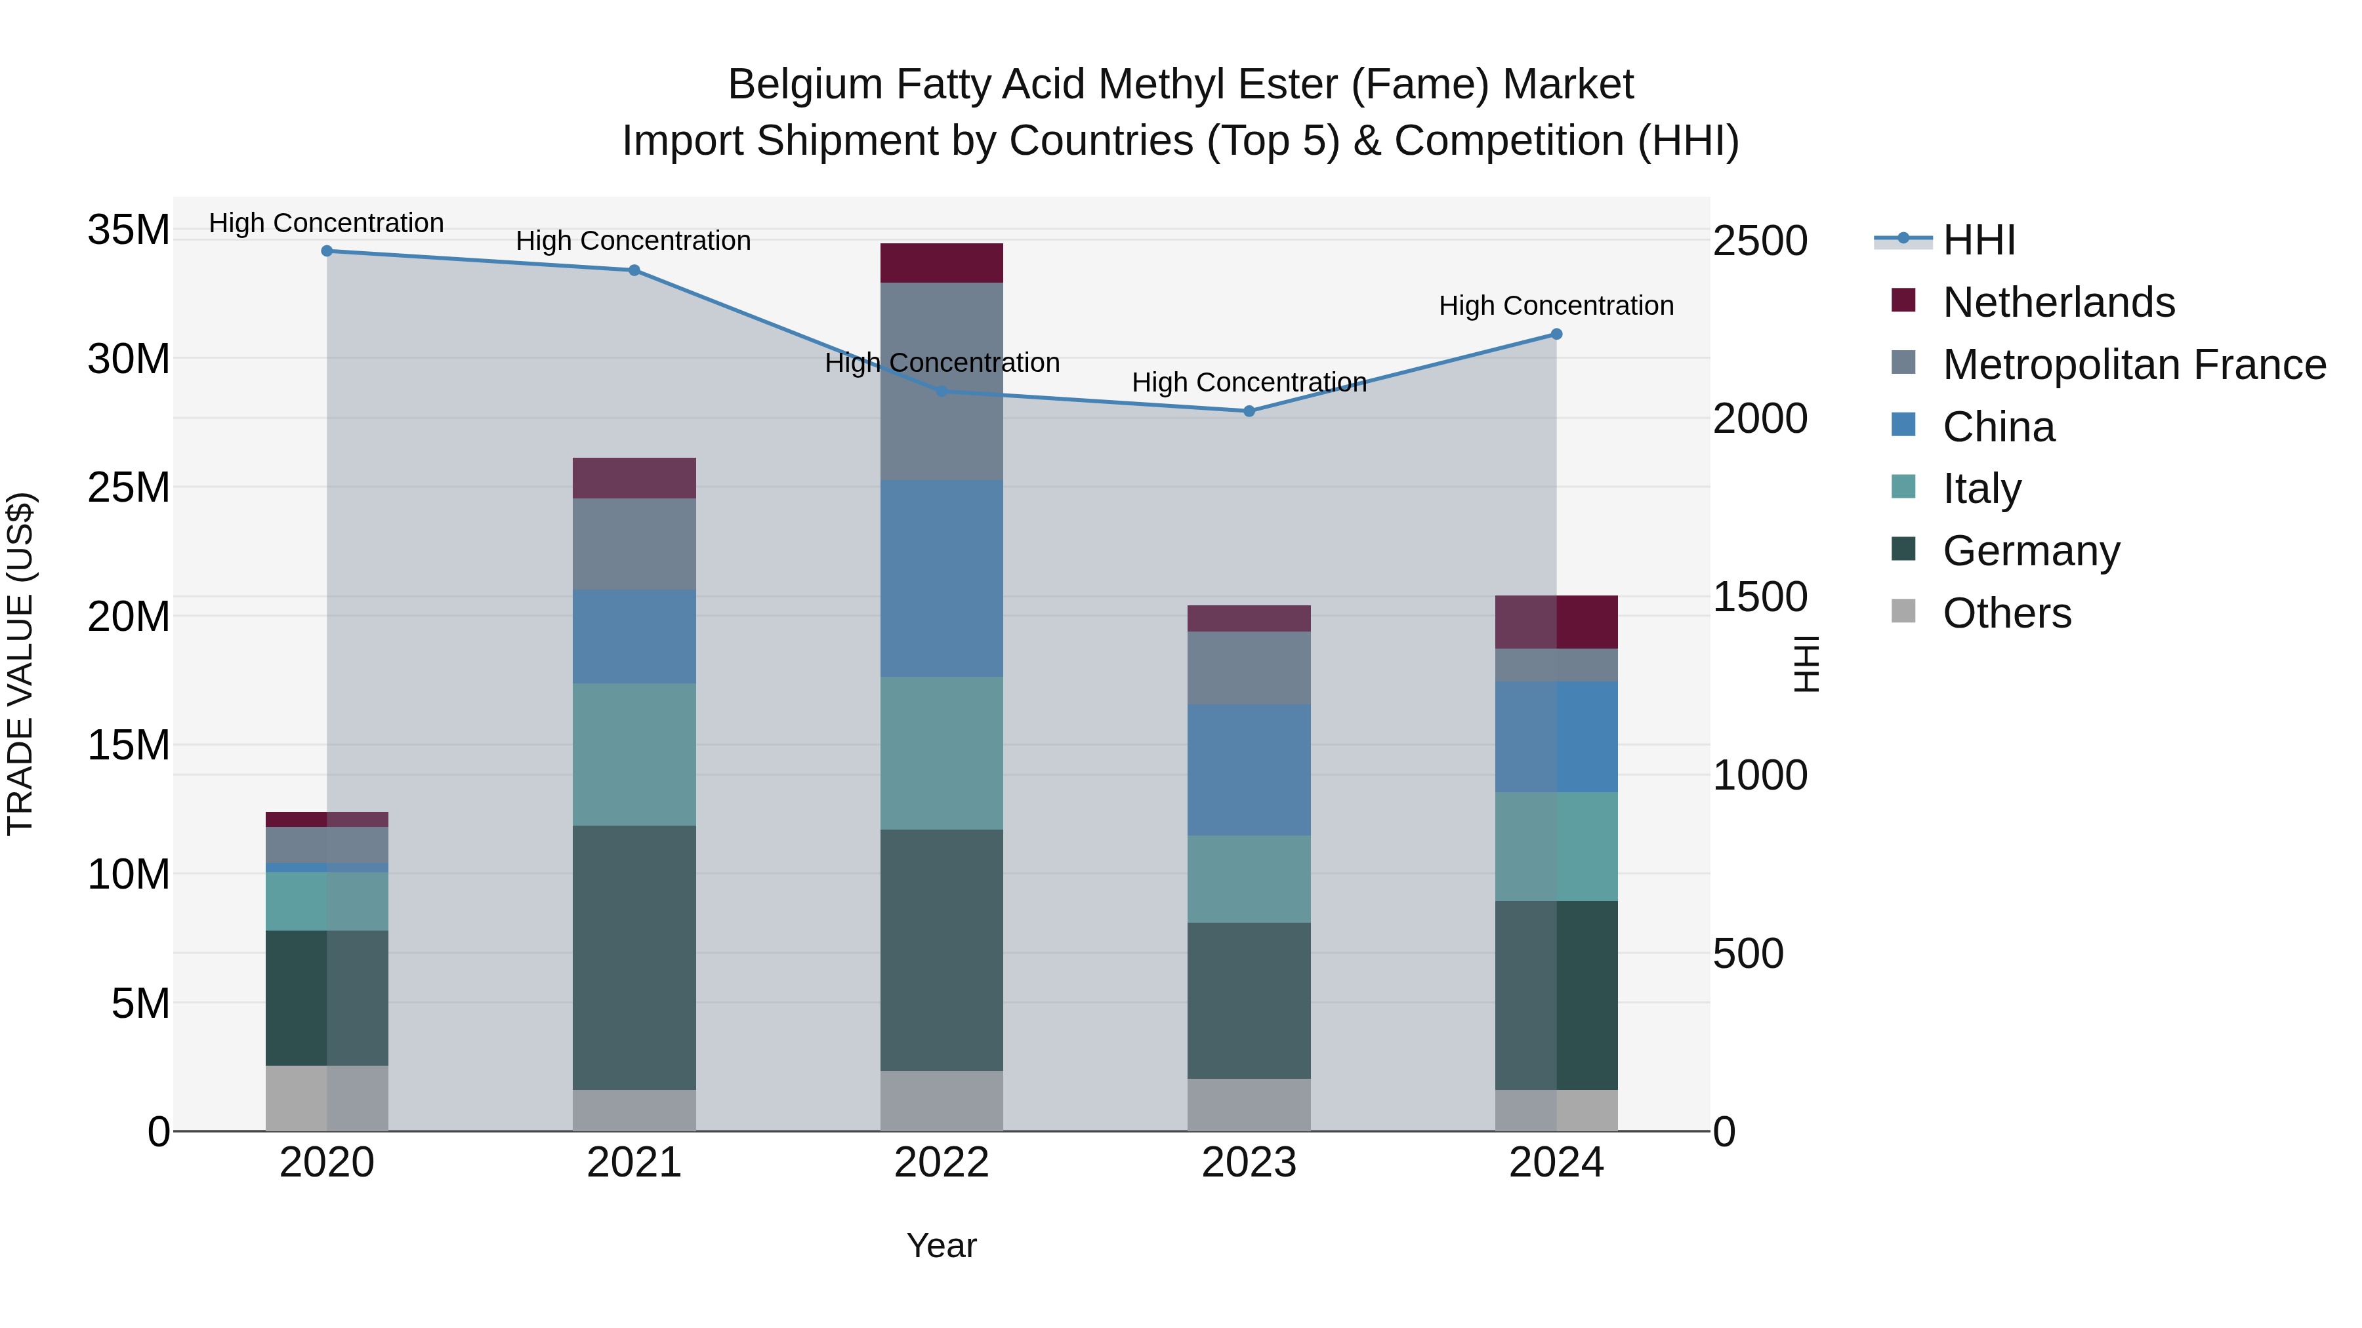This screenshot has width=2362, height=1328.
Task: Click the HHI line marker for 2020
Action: tap(327, 251)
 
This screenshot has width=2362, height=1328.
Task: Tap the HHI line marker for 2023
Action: tap(1249, 411)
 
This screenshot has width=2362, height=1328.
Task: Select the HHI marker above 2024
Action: tap(1556, 334)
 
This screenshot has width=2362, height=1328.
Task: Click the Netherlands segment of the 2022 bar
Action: tap(942, 263)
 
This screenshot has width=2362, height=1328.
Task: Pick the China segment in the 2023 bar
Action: tap(1249, 770)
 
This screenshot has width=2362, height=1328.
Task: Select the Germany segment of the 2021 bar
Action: tap(634, 957)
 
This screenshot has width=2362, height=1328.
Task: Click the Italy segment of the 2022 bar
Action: tap(942, 754)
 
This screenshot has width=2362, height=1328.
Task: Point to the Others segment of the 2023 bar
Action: tap(1249, 1104)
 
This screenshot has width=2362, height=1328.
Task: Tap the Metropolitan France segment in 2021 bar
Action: tap(634, 544)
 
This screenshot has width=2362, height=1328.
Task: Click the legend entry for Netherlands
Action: tap(2058, 302)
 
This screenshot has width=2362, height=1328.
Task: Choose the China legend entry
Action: tap(1999, 427)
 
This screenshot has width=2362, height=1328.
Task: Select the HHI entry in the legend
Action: tap(1979, 240)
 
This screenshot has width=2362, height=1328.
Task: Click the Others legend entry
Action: tap(2006, 613)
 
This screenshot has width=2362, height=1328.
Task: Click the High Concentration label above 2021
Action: tap(634, 241)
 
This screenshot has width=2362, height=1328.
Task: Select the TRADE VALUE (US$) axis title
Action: tap(20, 664)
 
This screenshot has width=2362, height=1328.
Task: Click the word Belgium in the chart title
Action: tap(804, 85)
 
